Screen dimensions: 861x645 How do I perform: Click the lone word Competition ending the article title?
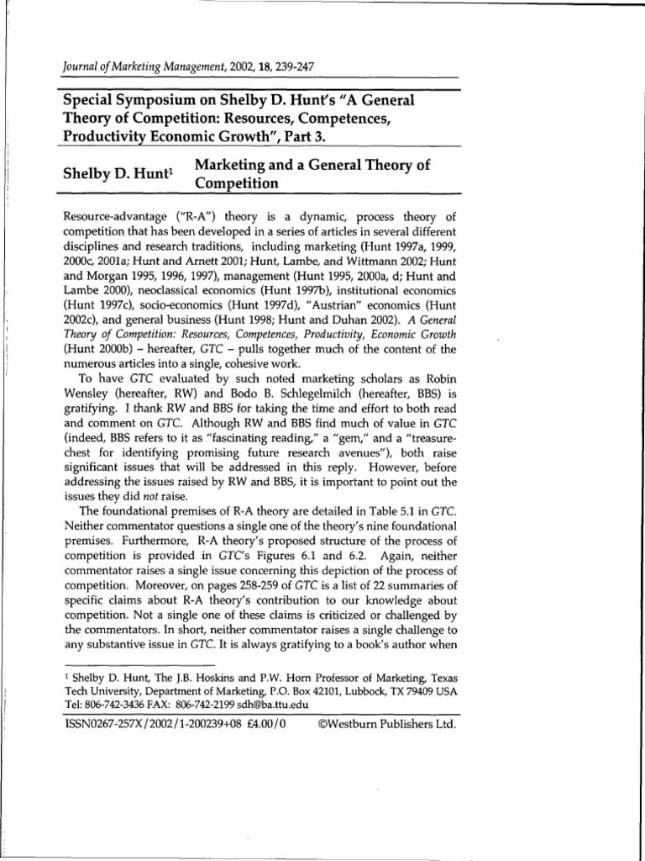click(x=236, y=182)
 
